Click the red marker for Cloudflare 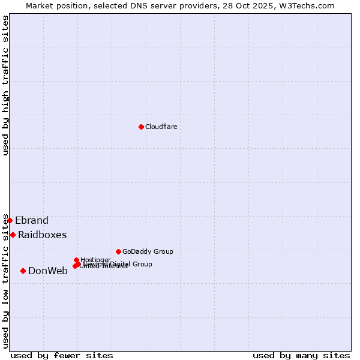coord(141,127)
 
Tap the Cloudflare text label coord(161,127)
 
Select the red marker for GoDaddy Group coord(118,251)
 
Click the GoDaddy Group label coord(148,251)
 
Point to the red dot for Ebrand coord(10,220)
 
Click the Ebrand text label coord(32,220)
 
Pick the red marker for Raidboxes coord(13,235)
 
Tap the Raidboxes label coord(42,235)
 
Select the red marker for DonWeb coord(23,271)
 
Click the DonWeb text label coord(48,271)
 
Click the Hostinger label coord(95,260)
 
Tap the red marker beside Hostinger coord(76,260)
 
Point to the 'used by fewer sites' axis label coord(62,355)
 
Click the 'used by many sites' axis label coord(301,355)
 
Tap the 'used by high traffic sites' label coord(5,85)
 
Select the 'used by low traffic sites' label coord(5,281)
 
